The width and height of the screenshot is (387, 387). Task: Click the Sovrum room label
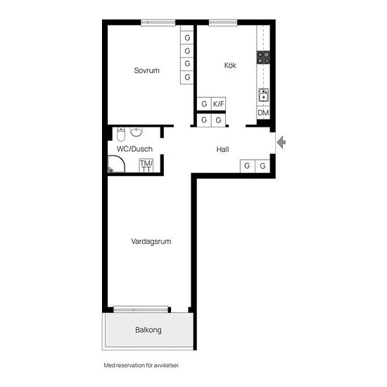click(146, 70)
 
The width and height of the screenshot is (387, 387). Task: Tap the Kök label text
click(230, 65)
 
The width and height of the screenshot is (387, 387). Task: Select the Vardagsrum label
click(151, 241)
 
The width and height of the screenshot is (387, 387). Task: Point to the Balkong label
click(148, 330)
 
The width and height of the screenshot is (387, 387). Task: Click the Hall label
click(222, 149)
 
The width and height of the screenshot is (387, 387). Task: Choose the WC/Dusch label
click(134, 149)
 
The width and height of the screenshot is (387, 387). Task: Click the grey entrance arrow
click(281, 142)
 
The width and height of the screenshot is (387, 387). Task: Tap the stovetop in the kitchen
click(263, 57)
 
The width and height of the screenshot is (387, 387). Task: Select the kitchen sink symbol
click(264, 95)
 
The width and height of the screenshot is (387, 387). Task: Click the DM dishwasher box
click(263, 113)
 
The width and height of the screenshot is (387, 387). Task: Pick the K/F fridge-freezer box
click(218, 103)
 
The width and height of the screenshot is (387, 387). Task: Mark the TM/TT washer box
click(146, 165)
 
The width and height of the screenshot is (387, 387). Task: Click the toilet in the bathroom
click(121, 134)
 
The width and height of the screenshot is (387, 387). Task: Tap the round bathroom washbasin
click(137, 132)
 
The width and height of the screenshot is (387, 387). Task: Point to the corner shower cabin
click(117, 164)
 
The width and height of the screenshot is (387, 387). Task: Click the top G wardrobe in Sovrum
click(187, 38)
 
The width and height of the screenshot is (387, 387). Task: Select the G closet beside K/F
click(204, 103)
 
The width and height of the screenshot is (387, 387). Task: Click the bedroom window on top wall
click(158, 23)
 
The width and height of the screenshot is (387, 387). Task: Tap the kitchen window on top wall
click(223, 23)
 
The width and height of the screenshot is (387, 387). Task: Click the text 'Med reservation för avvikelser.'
click(141, 365)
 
